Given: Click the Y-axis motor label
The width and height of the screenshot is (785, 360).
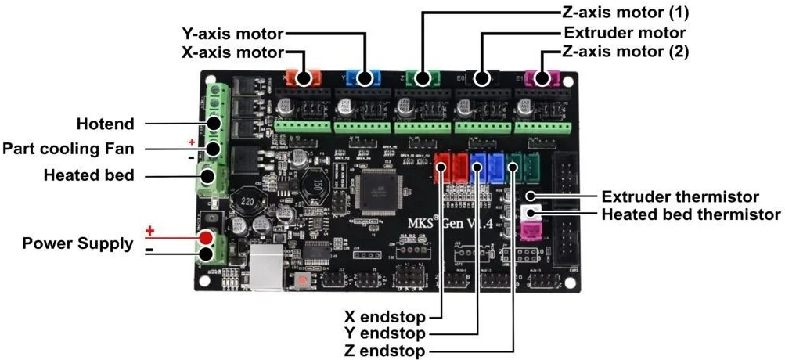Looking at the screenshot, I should tap(232, 34).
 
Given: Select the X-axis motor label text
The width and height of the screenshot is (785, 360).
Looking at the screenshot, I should tap(232, 53).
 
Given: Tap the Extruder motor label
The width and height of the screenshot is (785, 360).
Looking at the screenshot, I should tap(624, 33).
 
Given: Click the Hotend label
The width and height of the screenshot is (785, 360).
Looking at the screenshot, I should tap(105, 124).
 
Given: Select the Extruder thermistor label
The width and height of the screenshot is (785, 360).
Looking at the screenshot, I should tap(680, 196).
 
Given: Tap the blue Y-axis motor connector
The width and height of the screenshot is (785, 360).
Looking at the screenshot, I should tap(362, 77).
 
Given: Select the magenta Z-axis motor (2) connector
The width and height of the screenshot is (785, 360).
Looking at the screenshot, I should tap(541, 77).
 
